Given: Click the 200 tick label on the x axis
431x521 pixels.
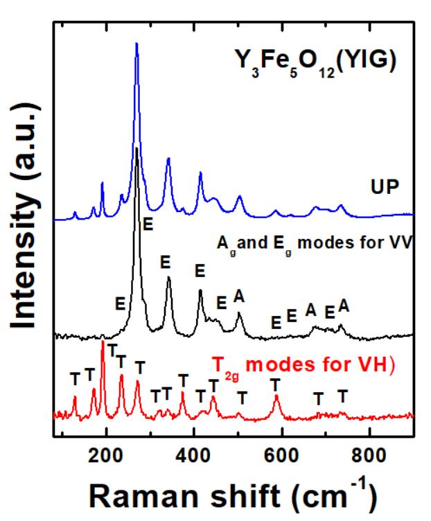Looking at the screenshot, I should [106, 457].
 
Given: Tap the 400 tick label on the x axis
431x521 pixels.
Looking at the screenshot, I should [193, 457].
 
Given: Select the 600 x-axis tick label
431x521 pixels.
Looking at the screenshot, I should [281, 457].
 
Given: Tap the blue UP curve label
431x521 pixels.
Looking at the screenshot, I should [384, 187].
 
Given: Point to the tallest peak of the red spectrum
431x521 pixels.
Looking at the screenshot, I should [103, 342].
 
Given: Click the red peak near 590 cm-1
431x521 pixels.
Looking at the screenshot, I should [276, 396].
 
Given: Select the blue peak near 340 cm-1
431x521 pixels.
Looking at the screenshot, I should [168, 159].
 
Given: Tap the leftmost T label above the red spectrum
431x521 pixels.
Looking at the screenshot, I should [75, 378].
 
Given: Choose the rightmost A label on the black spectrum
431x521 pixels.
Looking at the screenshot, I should [343, 306].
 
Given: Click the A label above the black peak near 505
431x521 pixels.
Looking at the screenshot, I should [240, 296].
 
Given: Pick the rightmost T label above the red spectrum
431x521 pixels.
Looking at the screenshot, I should [342, 396].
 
